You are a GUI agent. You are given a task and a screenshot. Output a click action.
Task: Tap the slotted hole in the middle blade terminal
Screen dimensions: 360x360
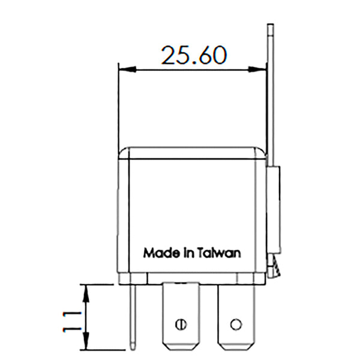(179, 325)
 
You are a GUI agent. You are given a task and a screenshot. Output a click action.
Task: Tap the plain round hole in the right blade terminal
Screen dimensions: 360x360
(236, 325)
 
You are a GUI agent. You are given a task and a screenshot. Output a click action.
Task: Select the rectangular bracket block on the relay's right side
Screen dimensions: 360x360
(274, 210)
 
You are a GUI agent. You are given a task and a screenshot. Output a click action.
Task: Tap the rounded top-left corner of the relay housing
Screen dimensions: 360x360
(122, 151)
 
